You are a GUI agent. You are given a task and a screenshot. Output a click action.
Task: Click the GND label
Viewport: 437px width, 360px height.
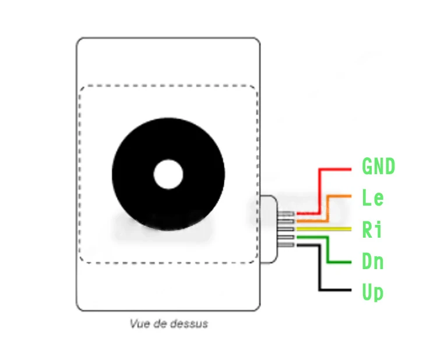pos(378,167)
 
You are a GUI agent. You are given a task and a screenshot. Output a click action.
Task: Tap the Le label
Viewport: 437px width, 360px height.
pos(373,198)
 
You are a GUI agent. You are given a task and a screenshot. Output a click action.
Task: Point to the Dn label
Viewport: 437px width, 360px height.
pos(373,261)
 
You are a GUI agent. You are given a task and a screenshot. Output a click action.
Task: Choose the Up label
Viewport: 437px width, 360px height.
pos(373,292)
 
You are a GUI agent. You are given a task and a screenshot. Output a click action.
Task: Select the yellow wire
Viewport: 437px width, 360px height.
pos(326,229)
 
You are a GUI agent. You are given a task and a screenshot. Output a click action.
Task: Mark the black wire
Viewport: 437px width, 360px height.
pos(319,268)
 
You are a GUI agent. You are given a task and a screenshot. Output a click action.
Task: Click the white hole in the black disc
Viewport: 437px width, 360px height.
pos(168,175)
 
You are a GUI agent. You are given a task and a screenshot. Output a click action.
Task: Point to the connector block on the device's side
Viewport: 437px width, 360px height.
pos(269,229)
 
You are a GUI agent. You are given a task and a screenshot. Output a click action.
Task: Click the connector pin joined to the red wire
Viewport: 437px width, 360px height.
pos(288,214)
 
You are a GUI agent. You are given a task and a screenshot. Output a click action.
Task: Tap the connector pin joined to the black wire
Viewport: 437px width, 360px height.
pos(288,245)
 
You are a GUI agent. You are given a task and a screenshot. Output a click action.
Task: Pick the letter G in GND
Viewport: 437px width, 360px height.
pos(368,167)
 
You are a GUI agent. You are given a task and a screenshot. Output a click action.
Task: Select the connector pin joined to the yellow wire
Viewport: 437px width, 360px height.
pos(288,229)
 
